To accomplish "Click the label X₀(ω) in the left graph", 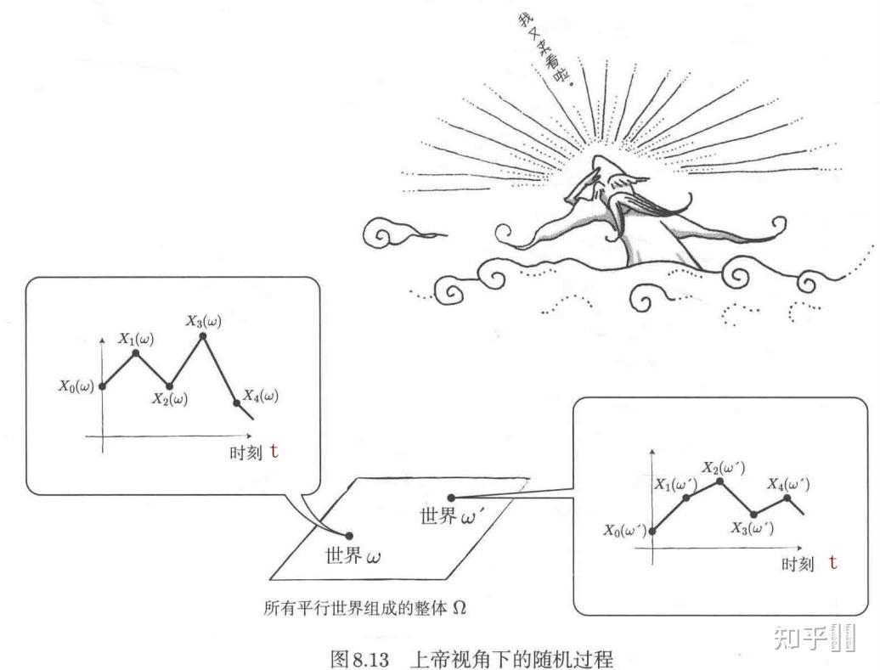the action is pos(78,386).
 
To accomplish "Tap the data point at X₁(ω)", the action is pos(136,352).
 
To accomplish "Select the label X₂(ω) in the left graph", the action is pos(170,399).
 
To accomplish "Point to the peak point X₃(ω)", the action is pos(203,336).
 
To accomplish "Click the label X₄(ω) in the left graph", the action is pos(260,396).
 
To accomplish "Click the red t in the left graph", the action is pos(274,451).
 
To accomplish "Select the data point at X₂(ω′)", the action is pos(720,481).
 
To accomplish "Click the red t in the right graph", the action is pos(832,562).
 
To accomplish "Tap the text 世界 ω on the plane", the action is pos(353,557).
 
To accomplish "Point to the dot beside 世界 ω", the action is pos(349,535).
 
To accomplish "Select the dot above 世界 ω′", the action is pos(451,498).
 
